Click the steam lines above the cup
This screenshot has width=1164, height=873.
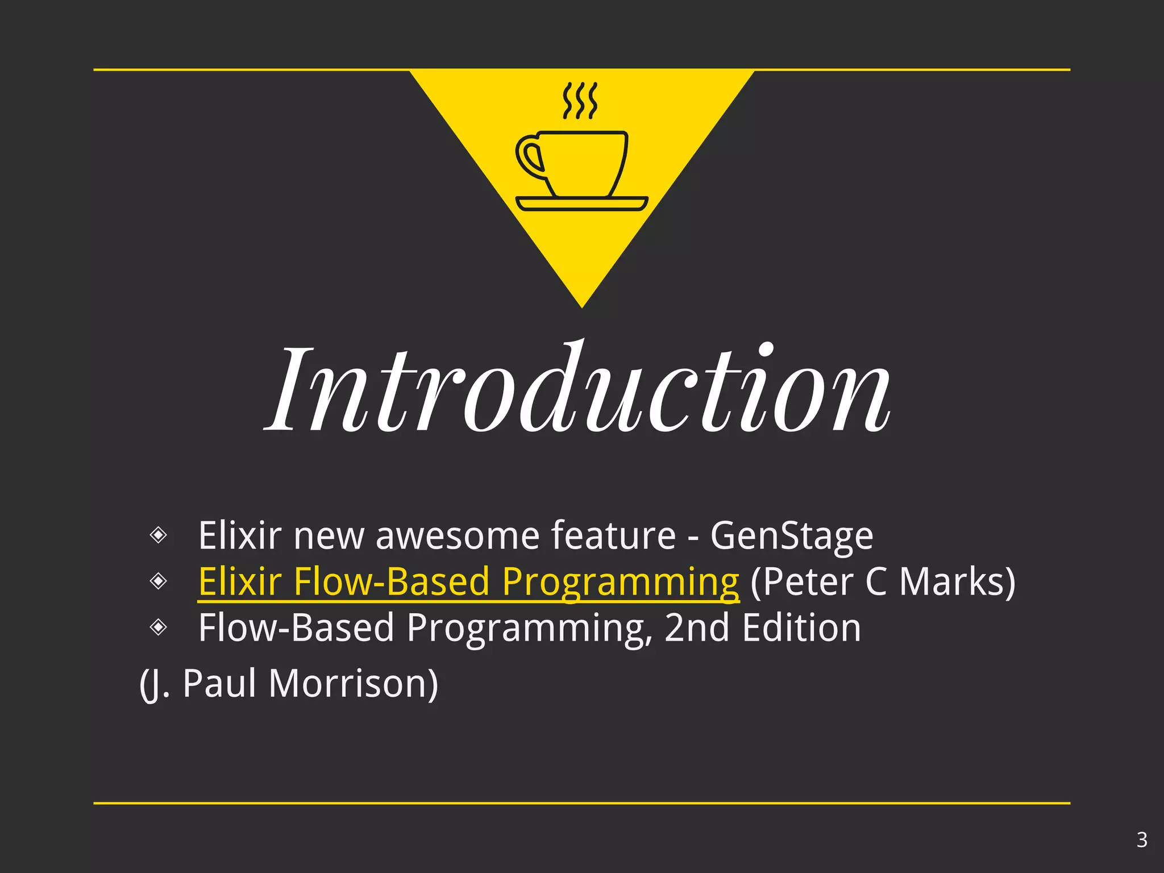point(580,101)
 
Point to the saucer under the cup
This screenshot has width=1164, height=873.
point(581,203)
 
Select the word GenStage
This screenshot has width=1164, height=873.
point(791,536)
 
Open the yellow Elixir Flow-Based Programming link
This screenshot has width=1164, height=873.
point(468,582)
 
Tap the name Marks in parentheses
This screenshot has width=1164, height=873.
point(957,582)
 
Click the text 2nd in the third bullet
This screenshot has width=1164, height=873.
point(697,628)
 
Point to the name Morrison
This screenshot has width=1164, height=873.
point(353,683)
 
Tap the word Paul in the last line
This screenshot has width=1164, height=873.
point(219,683)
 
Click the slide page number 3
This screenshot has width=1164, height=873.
point(1142,839)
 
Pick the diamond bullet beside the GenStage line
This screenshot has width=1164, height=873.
point(158,535)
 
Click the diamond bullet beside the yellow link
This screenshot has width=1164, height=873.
point(158,581)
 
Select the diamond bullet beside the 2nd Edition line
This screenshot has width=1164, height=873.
point(158,627)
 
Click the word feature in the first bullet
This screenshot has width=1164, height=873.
point(614,536)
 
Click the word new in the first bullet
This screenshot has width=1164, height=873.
point(329,536)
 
